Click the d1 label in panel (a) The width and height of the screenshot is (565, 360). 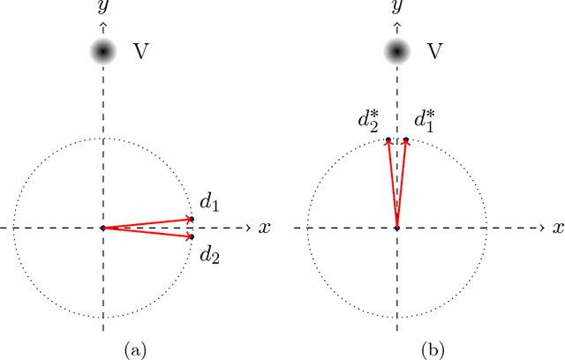208,203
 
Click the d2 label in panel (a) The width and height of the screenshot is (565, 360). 208,256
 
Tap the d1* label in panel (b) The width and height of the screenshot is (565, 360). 423,120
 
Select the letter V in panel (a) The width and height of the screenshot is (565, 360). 139,52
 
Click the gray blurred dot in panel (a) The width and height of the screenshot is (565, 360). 103,53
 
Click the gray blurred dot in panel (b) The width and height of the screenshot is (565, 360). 396,53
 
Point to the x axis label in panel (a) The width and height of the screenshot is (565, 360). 264,228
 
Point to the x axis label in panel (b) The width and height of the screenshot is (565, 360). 557,228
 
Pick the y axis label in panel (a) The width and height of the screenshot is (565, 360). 103,8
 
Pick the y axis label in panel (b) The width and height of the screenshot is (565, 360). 396,8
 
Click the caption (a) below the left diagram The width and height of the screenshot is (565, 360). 135,350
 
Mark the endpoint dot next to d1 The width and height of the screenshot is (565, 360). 192,219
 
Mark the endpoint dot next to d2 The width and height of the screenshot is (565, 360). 192,236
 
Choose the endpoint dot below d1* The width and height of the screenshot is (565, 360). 406,139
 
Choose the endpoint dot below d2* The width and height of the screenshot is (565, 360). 388,139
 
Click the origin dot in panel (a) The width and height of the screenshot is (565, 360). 103,228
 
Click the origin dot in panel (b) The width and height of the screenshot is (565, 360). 396,228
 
